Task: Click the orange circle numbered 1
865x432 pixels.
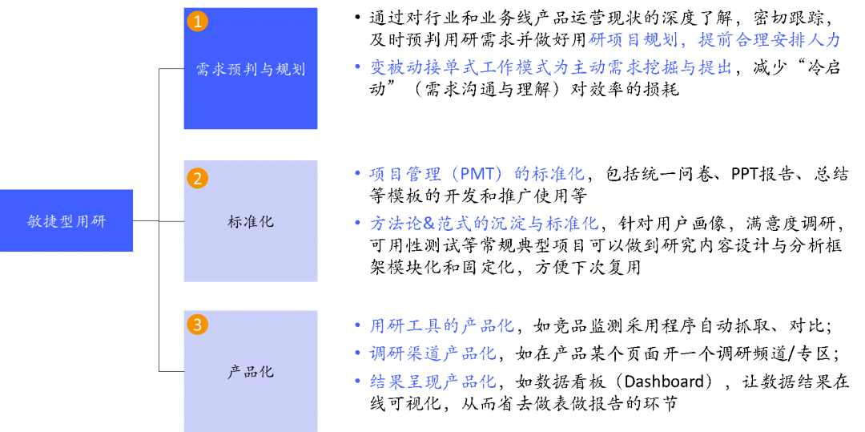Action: (197, 21)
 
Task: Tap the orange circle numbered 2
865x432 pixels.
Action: (197, 178)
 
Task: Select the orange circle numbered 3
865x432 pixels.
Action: (197, 325)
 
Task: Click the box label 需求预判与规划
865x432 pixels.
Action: (251, 70)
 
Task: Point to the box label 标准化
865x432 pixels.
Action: (251, 221)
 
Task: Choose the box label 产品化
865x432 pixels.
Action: (251, 372)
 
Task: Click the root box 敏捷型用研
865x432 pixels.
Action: (66, 221)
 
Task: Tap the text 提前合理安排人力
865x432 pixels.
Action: (770, 40)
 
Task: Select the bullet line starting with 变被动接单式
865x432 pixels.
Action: (551, 67)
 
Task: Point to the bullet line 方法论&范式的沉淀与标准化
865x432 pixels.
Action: (484, 224)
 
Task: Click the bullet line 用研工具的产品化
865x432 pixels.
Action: (441, 325)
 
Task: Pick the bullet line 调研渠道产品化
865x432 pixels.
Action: (432, 353)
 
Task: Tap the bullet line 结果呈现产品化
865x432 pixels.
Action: (432, 382)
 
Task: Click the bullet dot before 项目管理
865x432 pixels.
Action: (358, 172)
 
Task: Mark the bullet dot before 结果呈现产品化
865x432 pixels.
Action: (358, 381)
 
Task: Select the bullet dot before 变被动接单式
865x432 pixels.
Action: (358, 67)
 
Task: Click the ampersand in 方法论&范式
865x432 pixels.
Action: (428, 224)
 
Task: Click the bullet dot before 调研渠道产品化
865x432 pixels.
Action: (358, 353)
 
